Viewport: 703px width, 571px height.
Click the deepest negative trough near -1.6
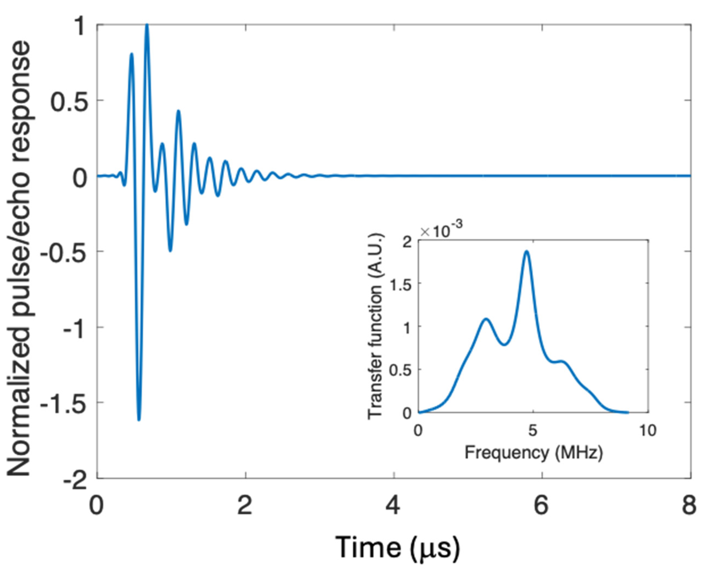(139, 419)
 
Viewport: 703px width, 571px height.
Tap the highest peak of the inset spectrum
(527, 252)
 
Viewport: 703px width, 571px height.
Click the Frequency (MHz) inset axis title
(533, 452)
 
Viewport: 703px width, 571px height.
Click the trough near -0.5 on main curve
(170, 250)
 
